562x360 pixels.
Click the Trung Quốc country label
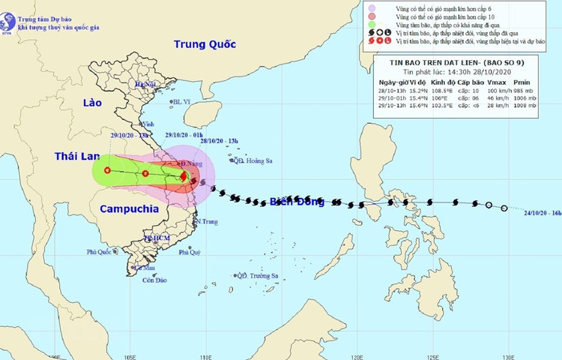pos(204,45)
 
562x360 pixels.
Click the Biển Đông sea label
pos(296,201)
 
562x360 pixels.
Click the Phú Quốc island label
pos(102,252)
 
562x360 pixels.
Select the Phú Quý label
pos(189,253)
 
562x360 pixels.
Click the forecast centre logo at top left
pos(10,11)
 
